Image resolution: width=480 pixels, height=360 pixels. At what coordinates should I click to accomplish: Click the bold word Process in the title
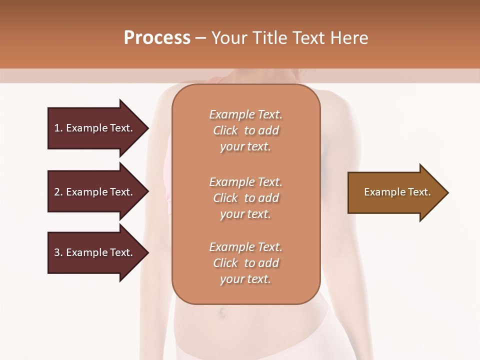157,38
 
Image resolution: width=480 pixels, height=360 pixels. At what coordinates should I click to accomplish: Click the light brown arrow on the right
395,192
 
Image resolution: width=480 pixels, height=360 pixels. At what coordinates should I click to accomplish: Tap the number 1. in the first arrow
58,128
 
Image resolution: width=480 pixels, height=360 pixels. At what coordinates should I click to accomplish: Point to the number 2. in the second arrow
58,192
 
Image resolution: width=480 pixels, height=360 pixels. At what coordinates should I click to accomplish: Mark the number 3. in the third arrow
58,252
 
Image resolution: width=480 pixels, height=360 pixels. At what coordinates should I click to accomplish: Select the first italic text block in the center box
245,130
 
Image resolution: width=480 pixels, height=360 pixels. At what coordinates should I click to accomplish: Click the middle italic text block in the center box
245,197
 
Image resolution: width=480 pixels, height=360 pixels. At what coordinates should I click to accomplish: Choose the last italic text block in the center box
245,263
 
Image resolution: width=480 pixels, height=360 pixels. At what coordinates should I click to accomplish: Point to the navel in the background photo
220,314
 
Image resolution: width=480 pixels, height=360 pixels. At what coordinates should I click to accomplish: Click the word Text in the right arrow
419,192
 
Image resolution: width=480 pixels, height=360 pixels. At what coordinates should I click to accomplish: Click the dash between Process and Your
201,38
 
